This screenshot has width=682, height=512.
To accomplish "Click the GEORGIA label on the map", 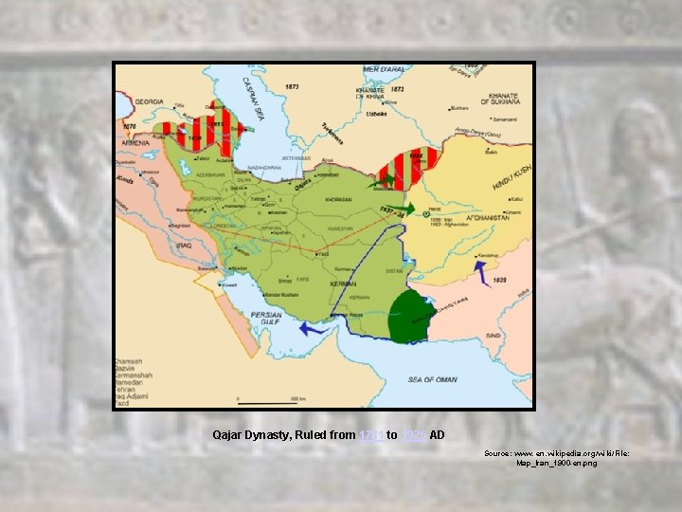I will coord(150,101).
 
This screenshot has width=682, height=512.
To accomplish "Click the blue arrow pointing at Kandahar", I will coord(481,271).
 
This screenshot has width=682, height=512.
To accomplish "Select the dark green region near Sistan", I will coord(410,316).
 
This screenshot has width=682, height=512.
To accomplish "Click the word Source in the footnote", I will coord(499,454).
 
